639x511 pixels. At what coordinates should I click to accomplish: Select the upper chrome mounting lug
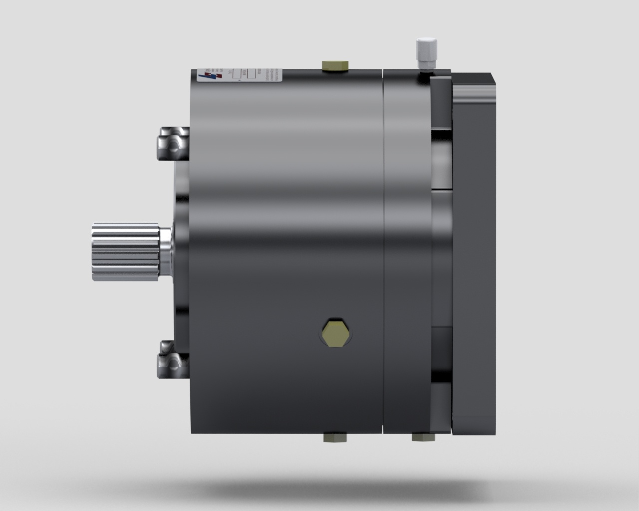click(x=173, y=144)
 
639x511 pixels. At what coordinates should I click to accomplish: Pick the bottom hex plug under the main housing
click(x=335, y=438)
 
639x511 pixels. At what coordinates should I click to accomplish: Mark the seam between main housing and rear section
click(x=382, y=250)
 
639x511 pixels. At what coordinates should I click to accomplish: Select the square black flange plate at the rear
click(x=473, y=250)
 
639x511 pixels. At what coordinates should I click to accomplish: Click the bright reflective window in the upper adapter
click(x=441, y=160)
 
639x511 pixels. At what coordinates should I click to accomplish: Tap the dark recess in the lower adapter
click(x=441, y=349)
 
